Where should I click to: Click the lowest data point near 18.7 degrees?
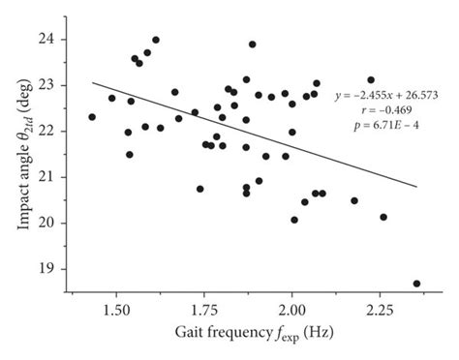(x=417, y=284)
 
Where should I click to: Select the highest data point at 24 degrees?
(x=156, y=40)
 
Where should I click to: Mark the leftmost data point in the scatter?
(x=92, y=117)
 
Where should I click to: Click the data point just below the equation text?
(x=371, y=80)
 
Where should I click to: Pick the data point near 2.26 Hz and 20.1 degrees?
(x=383, y=217)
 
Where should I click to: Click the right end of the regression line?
(x=417, y=186)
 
